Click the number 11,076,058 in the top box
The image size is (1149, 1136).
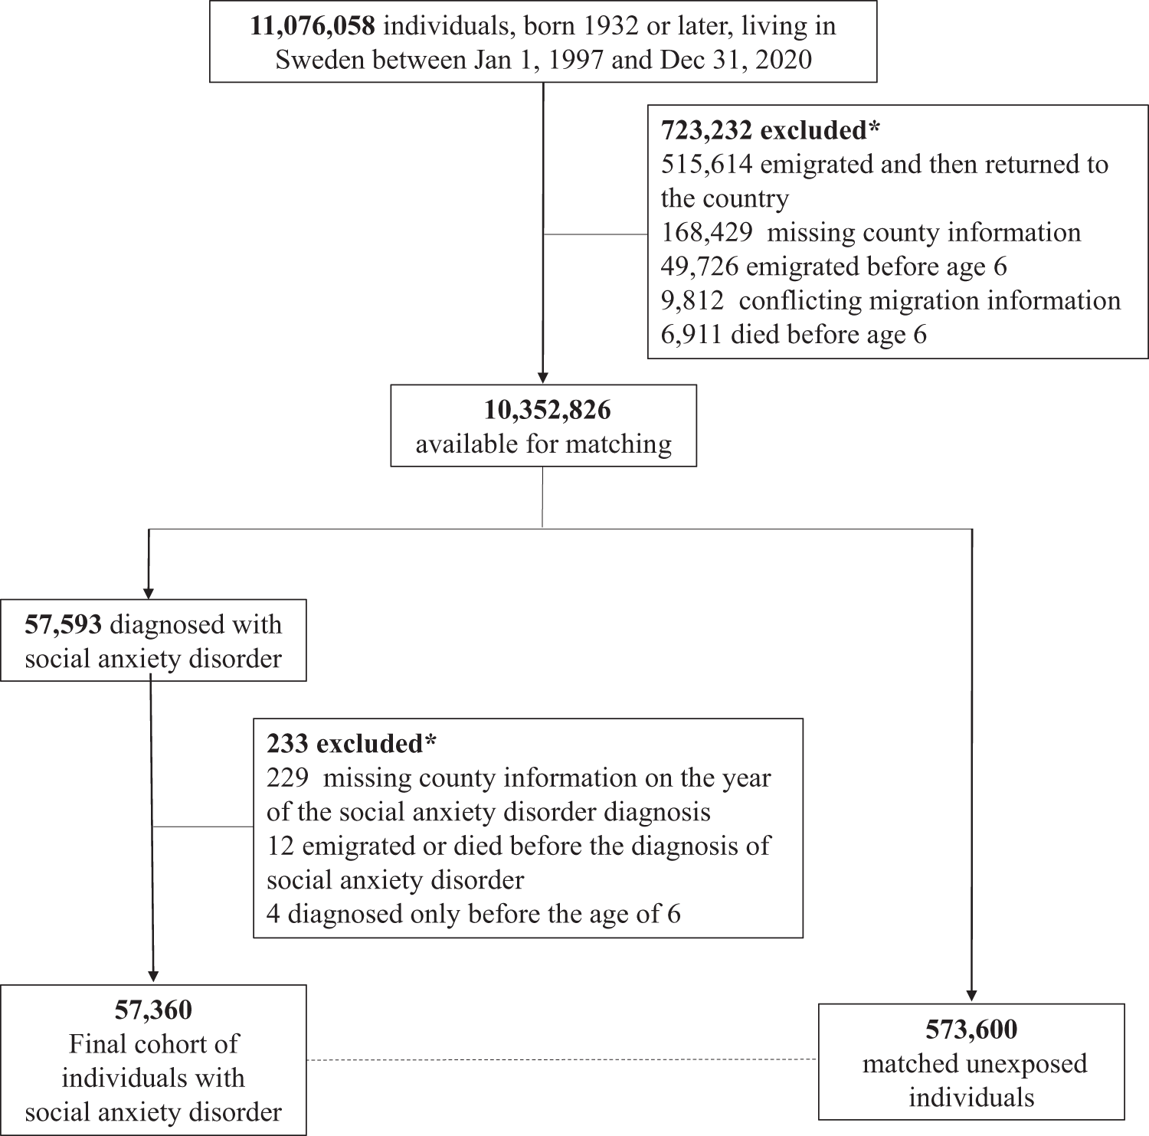tap(313, 27)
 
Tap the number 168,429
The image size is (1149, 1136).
tap(706, 232)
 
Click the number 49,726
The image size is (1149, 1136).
tap(699, 266)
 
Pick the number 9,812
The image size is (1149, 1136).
tap(692, 300)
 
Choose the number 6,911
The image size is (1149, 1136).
tap(692, 334)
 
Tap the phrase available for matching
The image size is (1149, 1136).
tap(544, 444)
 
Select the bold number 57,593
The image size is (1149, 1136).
tap(64, 624)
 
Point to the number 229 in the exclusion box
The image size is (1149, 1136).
tap(288, 778)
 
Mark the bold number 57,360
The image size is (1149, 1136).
tap(153, 1010)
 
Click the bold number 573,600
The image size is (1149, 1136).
tap(971, 1030)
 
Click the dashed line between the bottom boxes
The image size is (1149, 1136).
tap(562, 1060)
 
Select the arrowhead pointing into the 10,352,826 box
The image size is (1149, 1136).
tap(543, 378)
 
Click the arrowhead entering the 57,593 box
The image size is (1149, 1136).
tap(148, 593)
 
